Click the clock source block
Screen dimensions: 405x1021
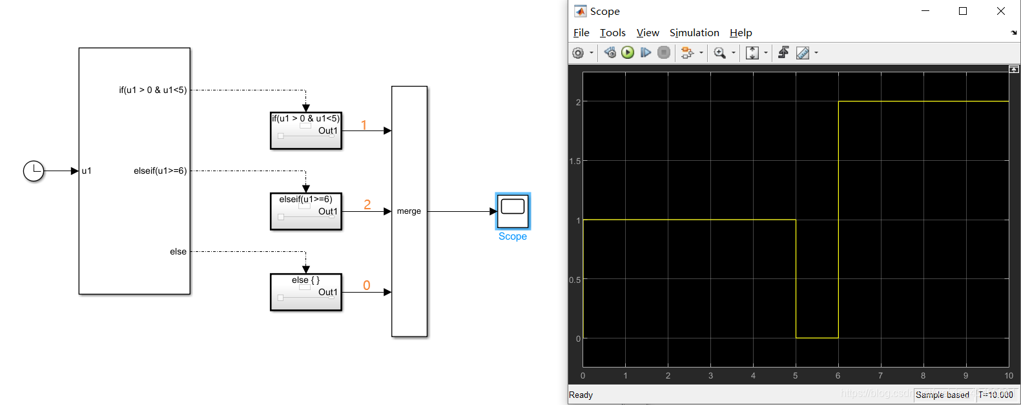tap(34, 171)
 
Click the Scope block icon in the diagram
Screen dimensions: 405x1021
tap(513, 211)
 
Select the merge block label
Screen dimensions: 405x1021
tap(409, 211)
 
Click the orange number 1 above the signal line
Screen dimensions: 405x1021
tap(364, 125)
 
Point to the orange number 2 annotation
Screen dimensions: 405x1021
tap(367, 204)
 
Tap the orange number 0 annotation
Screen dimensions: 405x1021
tap(366, 285)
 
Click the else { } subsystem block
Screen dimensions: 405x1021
tap(305, 293)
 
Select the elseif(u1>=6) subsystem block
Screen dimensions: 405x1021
tap(305, 212)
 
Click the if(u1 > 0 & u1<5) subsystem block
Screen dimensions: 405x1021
tap(305, 131)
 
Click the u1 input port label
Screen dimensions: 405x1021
tap(87, 171)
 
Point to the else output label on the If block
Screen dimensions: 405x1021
tap(178, 252)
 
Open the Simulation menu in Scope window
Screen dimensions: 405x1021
tap(694, 33)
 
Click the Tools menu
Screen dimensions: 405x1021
tap(612, 33)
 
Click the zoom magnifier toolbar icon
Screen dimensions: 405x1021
tap(719, 53)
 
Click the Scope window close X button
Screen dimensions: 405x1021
tap(1000, 11)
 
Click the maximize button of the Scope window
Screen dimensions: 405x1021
tap(962, 11)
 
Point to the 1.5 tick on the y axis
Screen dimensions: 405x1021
tap(575, 161)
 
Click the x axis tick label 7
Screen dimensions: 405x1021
tap(880, 375)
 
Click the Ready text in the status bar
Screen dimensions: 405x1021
tap(581, 395)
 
